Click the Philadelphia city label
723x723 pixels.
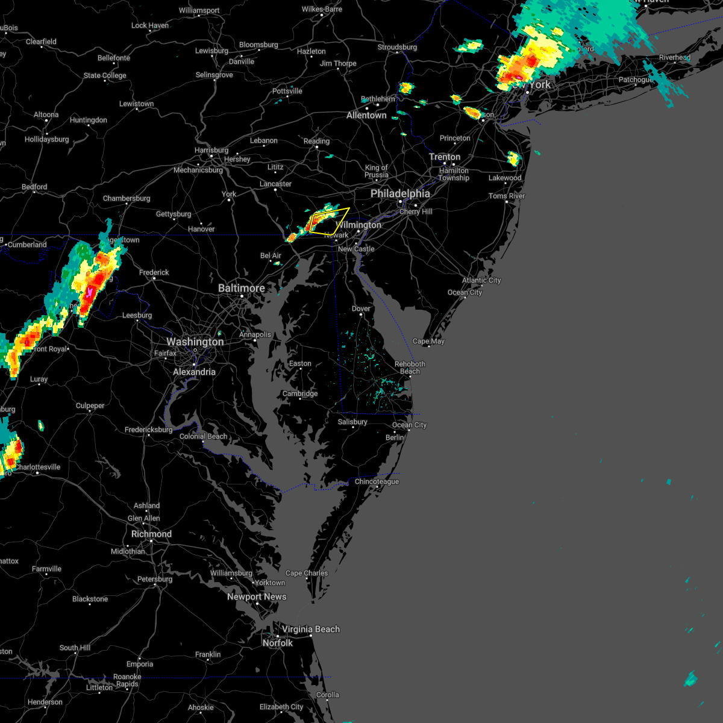[400, 193]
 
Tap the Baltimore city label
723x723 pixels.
[241, 288]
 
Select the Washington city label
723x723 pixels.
[195, 342]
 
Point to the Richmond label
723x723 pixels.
[151, 534]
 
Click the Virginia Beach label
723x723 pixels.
[310, 629]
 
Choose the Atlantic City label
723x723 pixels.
[481, 280]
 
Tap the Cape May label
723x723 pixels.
[428, 341]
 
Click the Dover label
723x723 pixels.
[361, 308]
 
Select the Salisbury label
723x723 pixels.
[352, 422]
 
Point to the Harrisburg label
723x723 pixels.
[211, 150]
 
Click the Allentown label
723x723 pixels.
[366, 115]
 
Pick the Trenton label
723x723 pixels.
[445, 157]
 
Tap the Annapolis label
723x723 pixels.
[255, 334]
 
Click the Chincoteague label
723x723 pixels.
[377, 481]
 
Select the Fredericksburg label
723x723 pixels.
[148, 430]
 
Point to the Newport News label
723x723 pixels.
[257, 596]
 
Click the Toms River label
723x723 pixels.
[507, 196]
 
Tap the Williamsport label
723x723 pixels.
[199, 11]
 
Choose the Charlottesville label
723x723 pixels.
[37, 467]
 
